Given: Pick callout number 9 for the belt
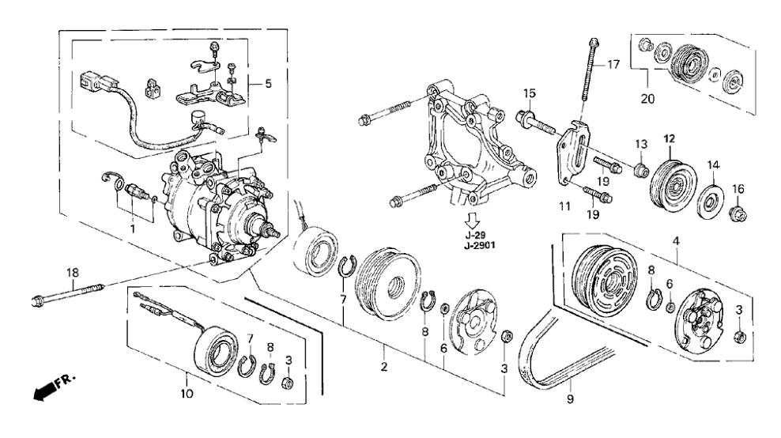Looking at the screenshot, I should (x=570, y=402).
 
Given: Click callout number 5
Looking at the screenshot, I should (x=267, y=83).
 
